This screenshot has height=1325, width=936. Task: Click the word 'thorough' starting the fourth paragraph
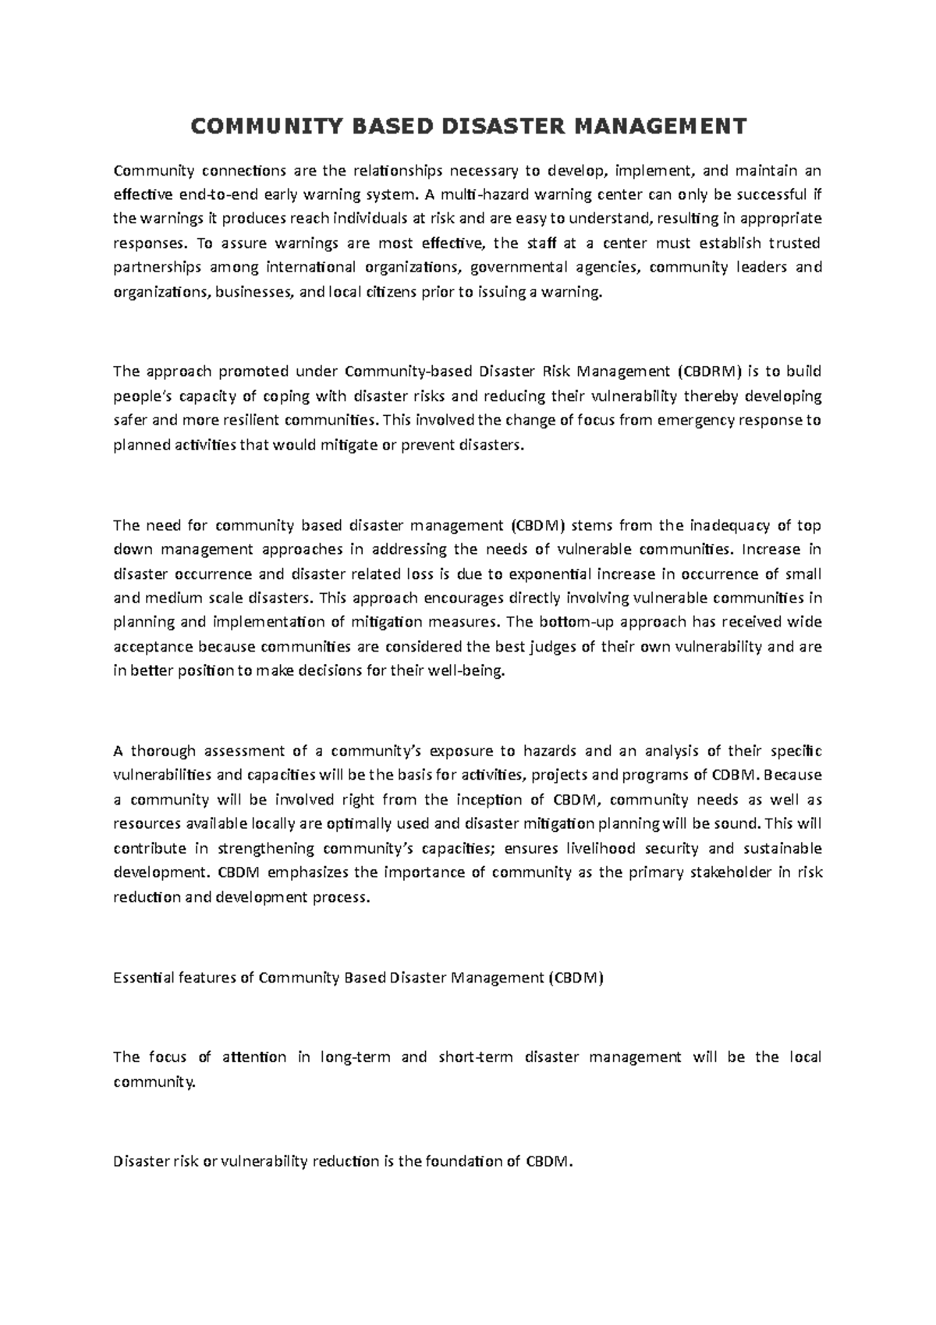tap(163, 751)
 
